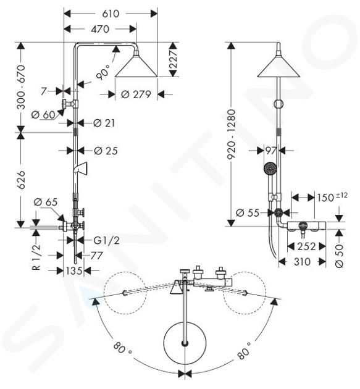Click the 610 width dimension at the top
[x=111, y=14]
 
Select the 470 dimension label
[x=100, y=29]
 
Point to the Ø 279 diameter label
[x=136, y=94]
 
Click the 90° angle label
[x=103, y=72]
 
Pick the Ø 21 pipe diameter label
[x=104, y=123]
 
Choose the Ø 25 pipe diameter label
[x=106, y=151]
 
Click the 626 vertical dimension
[x=22, y=180]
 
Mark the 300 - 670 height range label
[x=22, y=87]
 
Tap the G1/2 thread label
[x=106, y=240]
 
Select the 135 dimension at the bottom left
[x=74, y=270]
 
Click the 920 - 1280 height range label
[x=231, y=135]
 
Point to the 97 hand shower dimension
[x=270, y=150]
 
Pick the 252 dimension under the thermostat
[x=307, y=246]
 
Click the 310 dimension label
[x=302, y=261]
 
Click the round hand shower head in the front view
[x=270, y=169]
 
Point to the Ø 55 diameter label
[x=248, y=212]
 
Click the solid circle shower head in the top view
[x=185, y=343]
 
